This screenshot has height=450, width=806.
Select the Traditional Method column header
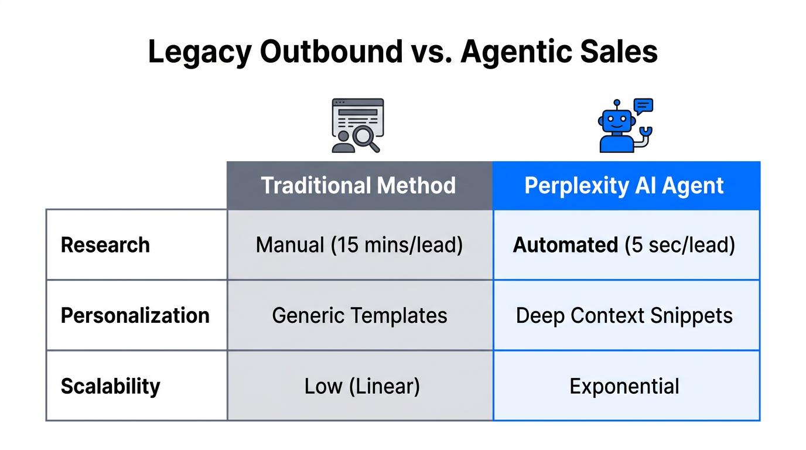tap(358, 186)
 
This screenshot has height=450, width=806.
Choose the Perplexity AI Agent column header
tap(624, 186)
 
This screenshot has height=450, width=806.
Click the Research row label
tap(105, 245)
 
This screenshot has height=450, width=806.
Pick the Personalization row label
tap(135, 315)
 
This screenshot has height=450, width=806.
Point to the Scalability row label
tap(110, 386)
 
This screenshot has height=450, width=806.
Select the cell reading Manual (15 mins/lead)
tap(359, 245)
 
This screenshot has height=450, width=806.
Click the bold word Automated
tap(565, 245)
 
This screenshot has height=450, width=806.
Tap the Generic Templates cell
tap(359, 316)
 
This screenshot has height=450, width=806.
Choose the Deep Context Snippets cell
tap(624, 316)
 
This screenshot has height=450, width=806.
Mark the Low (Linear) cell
tap(362, 386)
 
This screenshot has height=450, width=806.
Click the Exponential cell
tap(624, 386)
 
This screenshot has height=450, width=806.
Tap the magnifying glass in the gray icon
tap(366, 139)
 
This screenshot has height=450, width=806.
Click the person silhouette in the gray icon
tap(343, 141)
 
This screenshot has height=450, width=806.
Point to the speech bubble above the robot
tap(643, 106)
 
